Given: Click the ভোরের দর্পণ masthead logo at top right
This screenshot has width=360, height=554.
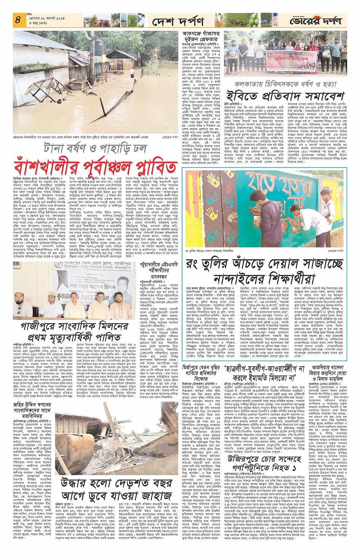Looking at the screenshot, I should [316, 21].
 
